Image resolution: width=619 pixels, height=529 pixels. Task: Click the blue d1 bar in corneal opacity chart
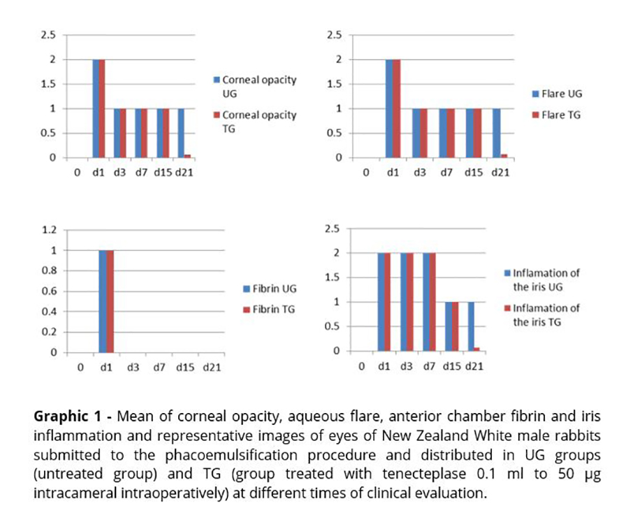pos(95,108)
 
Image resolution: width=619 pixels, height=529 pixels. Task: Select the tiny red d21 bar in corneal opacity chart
pos(188,156)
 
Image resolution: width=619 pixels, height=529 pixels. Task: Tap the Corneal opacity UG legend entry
pos(258,86)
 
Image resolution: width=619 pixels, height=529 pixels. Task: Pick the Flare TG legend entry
pos(558,114)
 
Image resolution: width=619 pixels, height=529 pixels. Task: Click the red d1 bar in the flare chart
pos(398,108)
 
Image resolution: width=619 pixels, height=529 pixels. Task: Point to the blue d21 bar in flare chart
pos(497,133)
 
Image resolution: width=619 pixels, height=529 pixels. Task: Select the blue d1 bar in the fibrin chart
pos(103,301)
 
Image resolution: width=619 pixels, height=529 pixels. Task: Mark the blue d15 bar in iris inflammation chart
pos(448,326)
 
